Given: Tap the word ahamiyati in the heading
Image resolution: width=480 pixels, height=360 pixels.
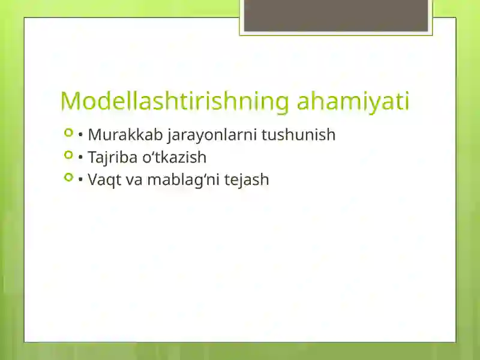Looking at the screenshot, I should [x=353, y=101].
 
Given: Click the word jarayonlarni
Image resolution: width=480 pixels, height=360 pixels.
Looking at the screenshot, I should [x=208, y=135].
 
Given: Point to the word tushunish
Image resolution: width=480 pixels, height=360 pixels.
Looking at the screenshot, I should [x=298, y=134].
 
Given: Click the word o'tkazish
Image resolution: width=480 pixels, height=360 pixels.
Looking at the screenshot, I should [x=178, y=157].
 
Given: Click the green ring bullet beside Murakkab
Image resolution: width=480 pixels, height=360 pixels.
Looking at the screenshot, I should [x=68, y=132].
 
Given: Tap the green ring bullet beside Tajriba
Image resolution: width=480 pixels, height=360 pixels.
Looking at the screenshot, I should [x=68, y=155].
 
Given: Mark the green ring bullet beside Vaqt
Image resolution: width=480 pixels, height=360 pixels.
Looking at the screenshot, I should [x=68, y=177].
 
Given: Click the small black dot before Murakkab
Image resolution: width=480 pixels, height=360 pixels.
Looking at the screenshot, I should [x=80, y=136].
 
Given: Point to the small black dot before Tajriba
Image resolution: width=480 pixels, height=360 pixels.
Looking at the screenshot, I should [x=80, y=158].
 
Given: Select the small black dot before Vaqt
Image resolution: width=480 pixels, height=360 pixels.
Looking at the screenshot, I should [x=80, y=181].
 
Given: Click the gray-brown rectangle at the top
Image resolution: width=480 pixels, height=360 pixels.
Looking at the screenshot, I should [x=336, y=15].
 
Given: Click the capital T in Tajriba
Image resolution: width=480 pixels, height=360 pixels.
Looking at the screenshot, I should [x=92, y=157].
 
